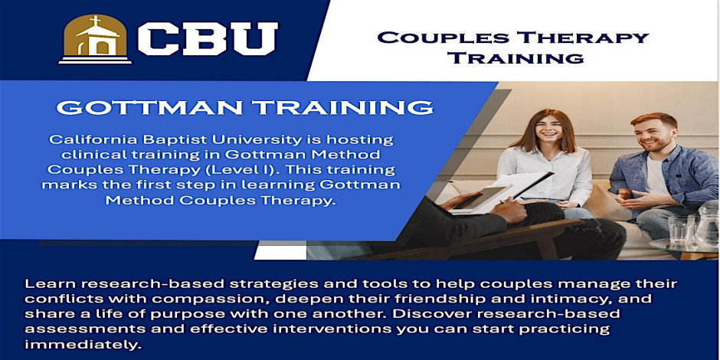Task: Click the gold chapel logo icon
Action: tap(95, 39)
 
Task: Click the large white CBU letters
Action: tap(208, 39)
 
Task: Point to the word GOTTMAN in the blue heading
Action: tap(149, 107)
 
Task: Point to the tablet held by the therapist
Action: tap(481, 198)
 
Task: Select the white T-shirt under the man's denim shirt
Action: tap(656, 176)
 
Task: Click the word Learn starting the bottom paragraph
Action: tap(44, 283)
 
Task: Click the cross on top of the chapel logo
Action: tap(95, 21)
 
